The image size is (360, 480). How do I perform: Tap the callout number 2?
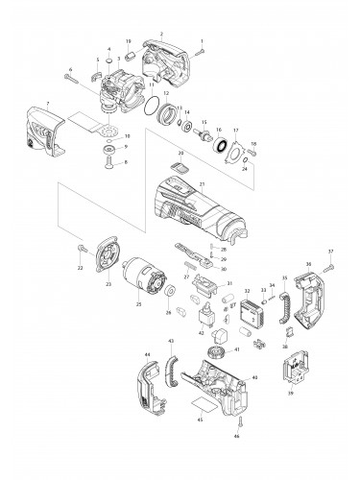coord(162,34)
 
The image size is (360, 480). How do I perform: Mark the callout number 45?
coord(199,419)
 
